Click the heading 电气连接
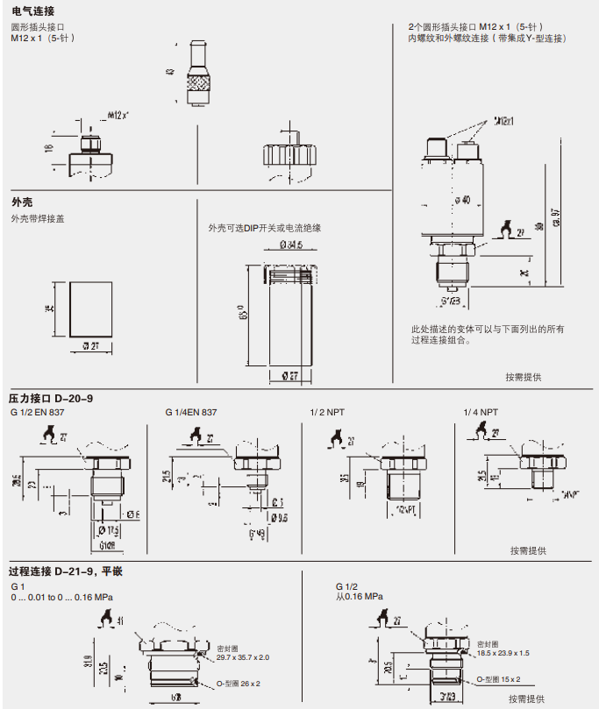pos(32,11)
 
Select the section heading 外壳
pos(22,202)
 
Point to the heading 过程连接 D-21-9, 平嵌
pos(66,571)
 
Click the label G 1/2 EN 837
pos(39,412)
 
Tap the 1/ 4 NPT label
pos(481,412)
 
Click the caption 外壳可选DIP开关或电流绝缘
pos(265,228)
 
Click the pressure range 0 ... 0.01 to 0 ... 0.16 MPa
pos(62,597)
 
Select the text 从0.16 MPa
pos(359,597)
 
